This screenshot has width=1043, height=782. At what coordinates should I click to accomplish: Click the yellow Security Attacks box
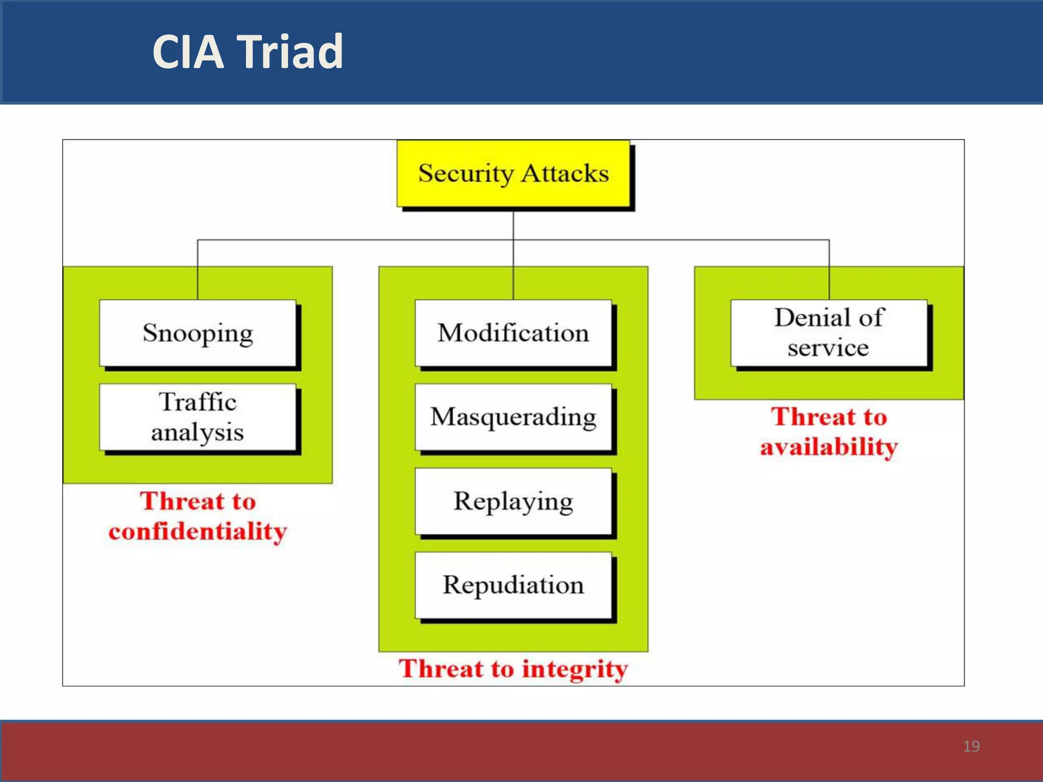pos(513,174)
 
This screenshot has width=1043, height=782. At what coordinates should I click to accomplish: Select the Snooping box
pos(198,332)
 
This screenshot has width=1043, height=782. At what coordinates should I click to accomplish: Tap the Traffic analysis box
pos(198,416)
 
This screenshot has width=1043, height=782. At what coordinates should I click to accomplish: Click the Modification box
pos(513,332)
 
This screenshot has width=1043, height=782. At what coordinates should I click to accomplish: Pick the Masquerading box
pos(513,416)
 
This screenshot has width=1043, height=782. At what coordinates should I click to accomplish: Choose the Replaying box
pos(513,501)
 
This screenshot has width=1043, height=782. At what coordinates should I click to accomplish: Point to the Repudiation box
pos(513,584)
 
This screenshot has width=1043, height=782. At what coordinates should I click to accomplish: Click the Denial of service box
pos(829,332)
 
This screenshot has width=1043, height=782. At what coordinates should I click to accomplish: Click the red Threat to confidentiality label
pos(198,516)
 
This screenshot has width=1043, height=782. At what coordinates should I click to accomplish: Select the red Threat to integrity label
pos(513,668)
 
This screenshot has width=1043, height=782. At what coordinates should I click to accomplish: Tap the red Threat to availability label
pos(829,432)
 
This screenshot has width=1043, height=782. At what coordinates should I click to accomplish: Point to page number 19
pos(971,746)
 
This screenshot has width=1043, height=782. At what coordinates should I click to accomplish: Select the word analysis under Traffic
pos(198,432)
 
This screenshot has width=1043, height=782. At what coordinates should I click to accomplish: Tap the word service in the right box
pos(828,348)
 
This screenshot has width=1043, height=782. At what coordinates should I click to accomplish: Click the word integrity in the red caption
pos(575,669)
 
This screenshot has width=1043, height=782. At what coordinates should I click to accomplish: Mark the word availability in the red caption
pos(829,447)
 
